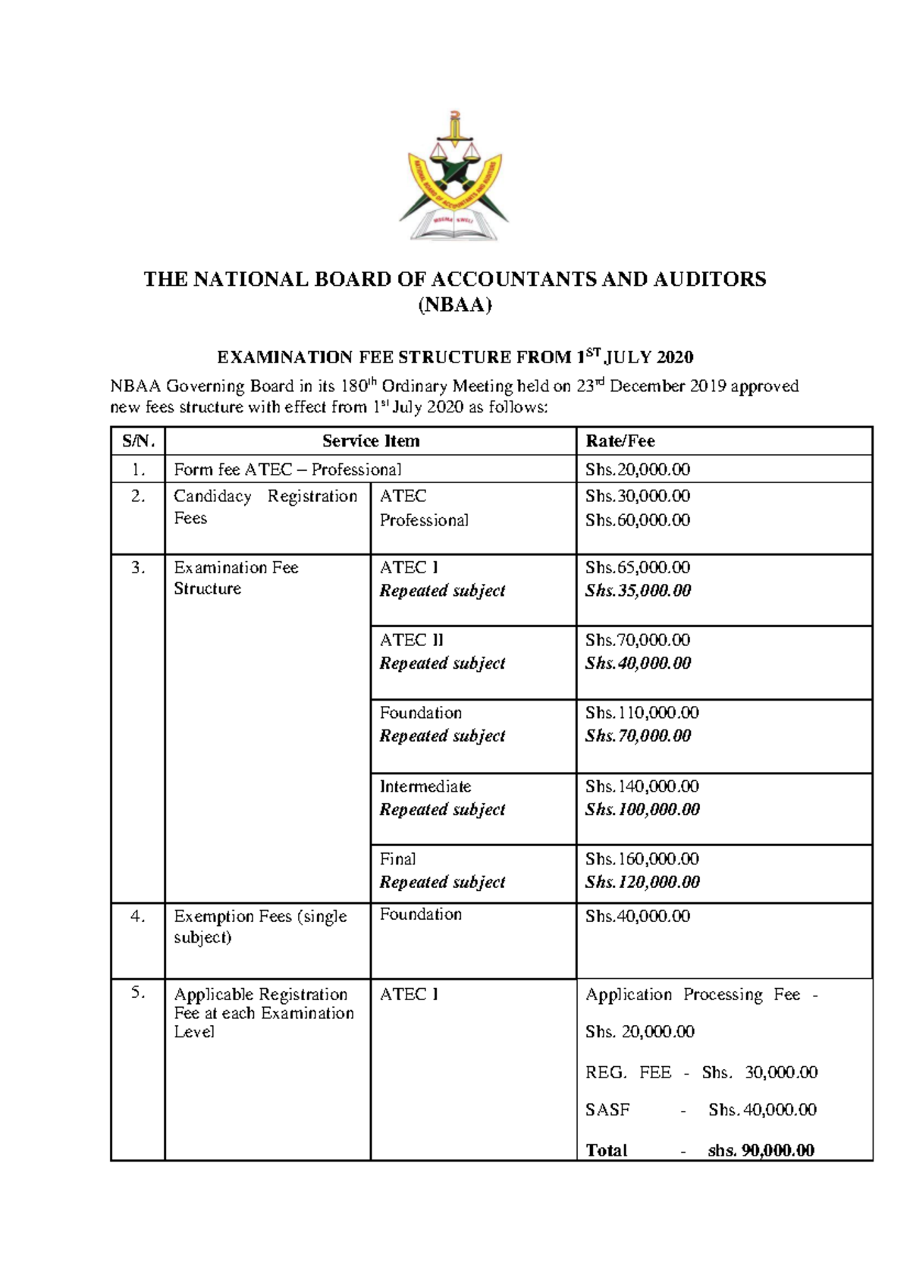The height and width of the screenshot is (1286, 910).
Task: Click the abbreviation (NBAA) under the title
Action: pyautogui.click(x=455, y=306)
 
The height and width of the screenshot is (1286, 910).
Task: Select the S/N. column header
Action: pyautogui.click(x=138, y=441)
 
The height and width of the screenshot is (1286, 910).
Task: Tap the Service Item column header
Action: pyautogui.click(x=371, y=441)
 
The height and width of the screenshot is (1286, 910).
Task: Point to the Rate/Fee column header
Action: pyautogui.click(x=620, y=441)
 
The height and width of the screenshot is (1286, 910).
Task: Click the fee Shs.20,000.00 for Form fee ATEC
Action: pyautogui.click(x=638, y=470)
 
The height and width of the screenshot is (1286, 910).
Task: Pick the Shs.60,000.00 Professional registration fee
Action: pyautogui.click(x=638, y=520)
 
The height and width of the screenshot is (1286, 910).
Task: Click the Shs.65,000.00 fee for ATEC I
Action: pyautogui.click(x=638, y=567)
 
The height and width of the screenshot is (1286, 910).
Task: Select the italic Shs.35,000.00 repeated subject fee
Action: pyautogui.click(x=638, y=591)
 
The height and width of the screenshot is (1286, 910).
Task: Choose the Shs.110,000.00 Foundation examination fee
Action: pyautogui.click(x=642, y=713)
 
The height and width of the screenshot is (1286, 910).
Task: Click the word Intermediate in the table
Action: pyautogui.click(x=425, y=786)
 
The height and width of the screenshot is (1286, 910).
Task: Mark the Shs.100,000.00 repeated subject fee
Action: pyautogui.click(x=642, y=810)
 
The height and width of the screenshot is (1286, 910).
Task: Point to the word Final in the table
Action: pyautogui.click(x=398, y=859)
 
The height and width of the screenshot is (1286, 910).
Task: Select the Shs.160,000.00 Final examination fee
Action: pyautogui.click(x=642, y=859)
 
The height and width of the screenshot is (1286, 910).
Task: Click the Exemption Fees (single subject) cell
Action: pyautogui.click(x=260, y=927)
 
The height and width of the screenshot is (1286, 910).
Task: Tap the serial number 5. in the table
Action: pyautogui.click(x=138, y=993)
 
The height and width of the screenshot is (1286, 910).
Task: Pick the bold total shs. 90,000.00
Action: pyautogui.click(x=761, y=1150)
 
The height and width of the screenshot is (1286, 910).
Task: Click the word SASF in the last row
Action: pyautogui.click(x=607, y=1110)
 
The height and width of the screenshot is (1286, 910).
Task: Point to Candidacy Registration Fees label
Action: pyautogui.click(x=265, y=507)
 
